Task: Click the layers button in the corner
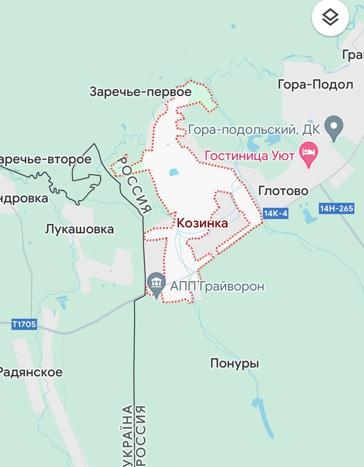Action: (x=330, y=17)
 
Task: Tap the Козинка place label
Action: (x=202, y=223)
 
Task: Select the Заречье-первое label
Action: (x=141, y=92)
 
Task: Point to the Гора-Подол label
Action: (x=316, y=85)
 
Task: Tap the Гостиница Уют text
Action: (x=249, y=156)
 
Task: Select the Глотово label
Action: (x=283, y=190)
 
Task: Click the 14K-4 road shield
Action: (x=275, y=213)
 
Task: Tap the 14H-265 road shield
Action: (x=337, y=208)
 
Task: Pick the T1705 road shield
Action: (x=24, y=324)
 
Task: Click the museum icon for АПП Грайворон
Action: (x=157, y=282)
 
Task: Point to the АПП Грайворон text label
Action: (x=217, y=286)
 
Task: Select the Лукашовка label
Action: (x=79, y=229)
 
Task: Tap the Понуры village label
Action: (x=235, y=363)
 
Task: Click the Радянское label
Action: (x=31, y=372)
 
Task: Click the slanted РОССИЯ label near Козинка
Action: (x=136, y=184)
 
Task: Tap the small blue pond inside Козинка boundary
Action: (x=174, y=172)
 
